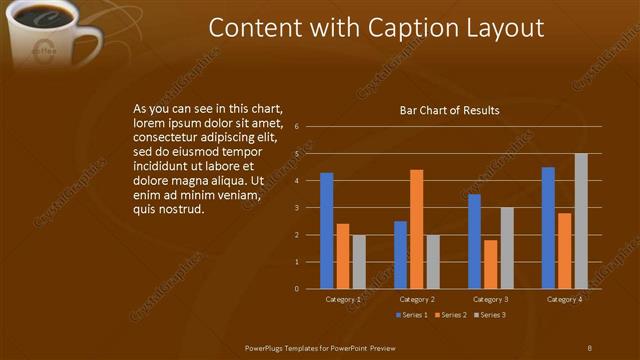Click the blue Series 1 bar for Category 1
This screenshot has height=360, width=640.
click(326, 231)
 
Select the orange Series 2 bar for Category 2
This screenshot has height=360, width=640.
click(416, 229)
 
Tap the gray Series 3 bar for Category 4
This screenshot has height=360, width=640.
click(581, 221)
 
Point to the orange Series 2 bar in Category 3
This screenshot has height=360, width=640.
click(490, 264)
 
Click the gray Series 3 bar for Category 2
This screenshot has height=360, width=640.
click(432, 262)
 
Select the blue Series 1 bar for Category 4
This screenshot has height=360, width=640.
click(548, 228)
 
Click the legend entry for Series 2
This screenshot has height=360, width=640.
click(451, 316)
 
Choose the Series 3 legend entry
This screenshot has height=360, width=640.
click(489, 316)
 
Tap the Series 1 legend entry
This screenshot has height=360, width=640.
click(411, 316)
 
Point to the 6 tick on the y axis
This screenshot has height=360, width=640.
click(297, 127)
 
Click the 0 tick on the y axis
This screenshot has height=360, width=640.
click(297, 289)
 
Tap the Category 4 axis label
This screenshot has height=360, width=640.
click(565, 300)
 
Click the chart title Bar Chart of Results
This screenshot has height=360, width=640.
click(450, 110)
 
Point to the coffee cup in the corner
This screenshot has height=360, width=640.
click(50, 35)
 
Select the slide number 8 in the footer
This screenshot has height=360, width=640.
click(590, 347)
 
